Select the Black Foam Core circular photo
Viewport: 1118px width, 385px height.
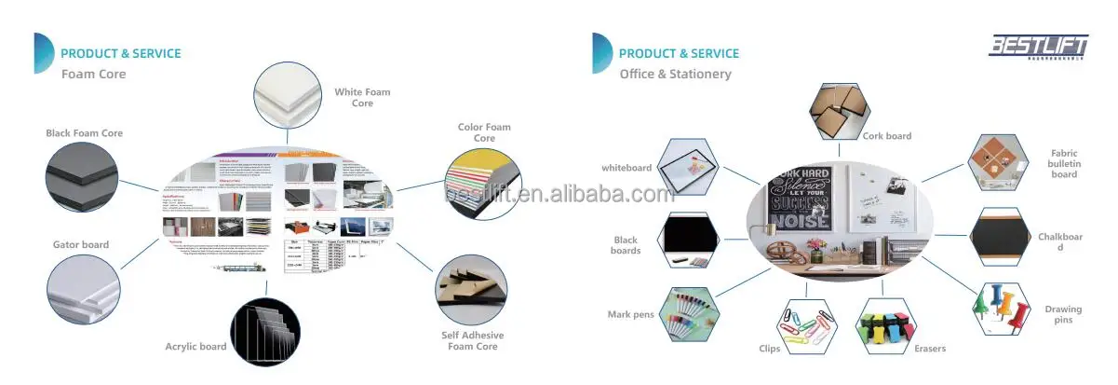[81, 177]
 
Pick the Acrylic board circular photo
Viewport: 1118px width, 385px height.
[265, 332]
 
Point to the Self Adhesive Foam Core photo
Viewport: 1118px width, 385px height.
[470, 290]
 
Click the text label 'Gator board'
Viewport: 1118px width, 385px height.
[81, 245]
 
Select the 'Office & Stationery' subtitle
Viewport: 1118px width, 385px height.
[675, 74]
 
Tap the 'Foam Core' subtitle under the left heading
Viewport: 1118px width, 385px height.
[93, 74]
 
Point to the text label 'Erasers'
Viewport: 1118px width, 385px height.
[929, 349]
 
